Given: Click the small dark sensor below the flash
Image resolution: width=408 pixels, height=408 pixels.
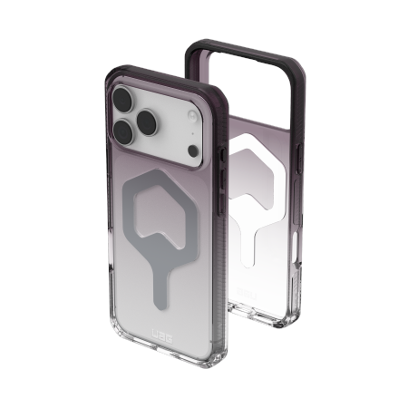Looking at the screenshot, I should point(178,143).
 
